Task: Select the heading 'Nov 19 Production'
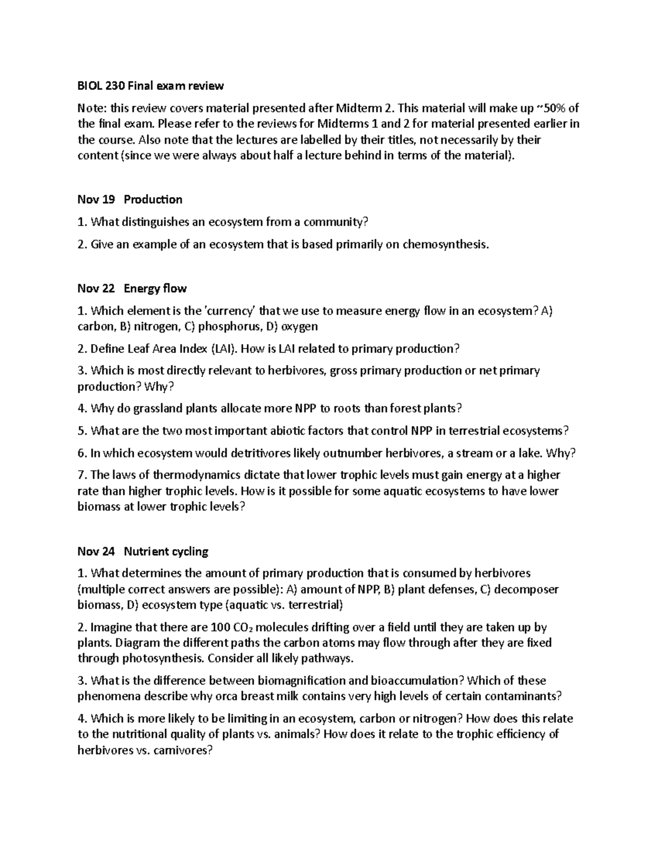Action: [130, 199]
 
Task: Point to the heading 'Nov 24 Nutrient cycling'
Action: [143, 551]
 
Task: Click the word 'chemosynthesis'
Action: [445, 244]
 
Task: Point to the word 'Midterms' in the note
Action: [340, 123]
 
